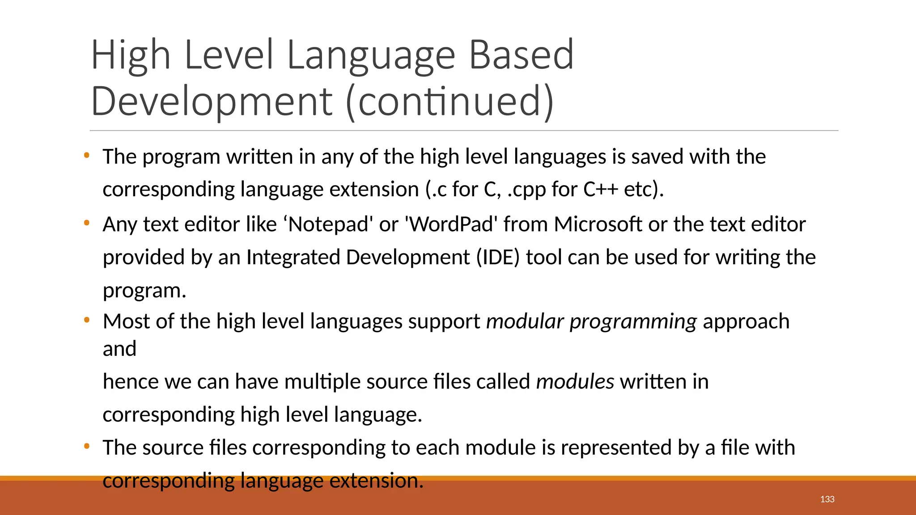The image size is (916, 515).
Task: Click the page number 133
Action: (x=827, y=499)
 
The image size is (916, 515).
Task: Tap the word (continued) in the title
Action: (x=450, y=101)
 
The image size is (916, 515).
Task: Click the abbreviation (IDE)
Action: (x=498, y=257)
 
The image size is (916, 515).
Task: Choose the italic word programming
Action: (x=633, y=321)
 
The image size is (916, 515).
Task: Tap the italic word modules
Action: (x=575, y=382)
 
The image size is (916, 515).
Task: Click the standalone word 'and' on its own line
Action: (x=119, y=349)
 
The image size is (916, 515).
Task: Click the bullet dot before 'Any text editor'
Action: (x=87, y=223)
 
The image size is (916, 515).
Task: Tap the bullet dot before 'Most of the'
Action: (x=87, y=320)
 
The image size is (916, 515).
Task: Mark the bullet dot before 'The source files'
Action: (x=87, y=446)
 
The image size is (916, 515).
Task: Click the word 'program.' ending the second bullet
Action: (x=144, y=291)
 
